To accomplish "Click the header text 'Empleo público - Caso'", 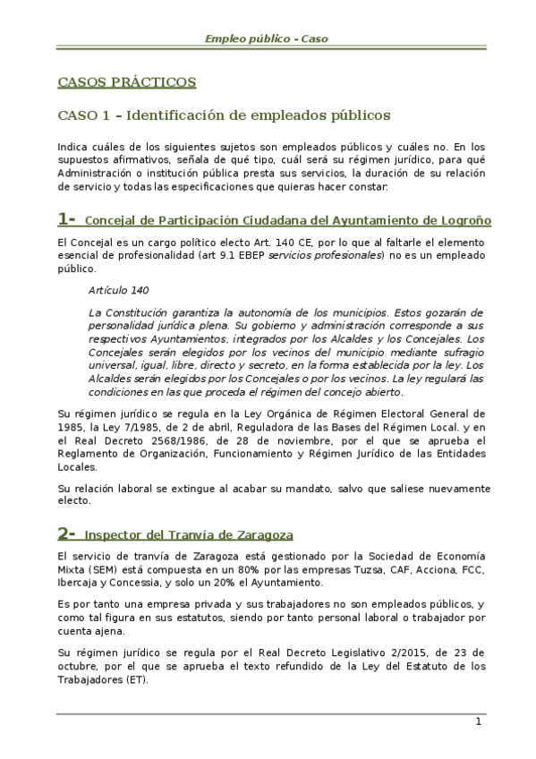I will click(268, 38).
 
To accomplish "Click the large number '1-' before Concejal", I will click(67, 220).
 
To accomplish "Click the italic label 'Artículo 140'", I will click(119, 292).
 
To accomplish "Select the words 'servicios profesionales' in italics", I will click(326, 256).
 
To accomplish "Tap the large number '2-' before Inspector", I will click(67, 535).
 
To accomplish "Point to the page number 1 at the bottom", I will click(479, 722).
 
